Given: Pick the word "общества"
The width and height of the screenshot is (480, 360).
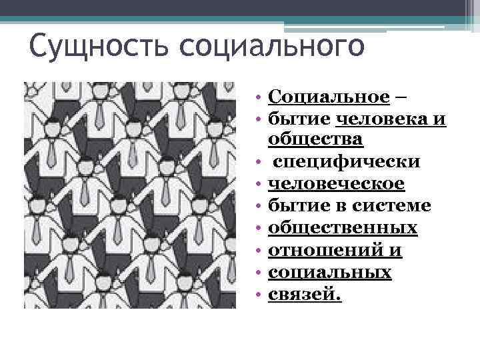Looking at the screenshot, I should point(315,140).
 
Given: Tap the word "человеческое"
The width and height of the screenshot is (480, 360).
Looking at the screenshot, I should point(336,183).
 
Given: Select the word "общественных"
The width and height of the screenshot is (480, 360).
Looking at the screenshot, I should point(343,228).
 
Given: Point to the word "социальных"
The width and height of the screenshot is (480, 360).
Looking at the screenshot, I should point(329,272).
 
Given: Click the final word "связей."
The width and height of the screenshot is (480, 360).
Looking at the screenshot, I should point(305,294).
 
